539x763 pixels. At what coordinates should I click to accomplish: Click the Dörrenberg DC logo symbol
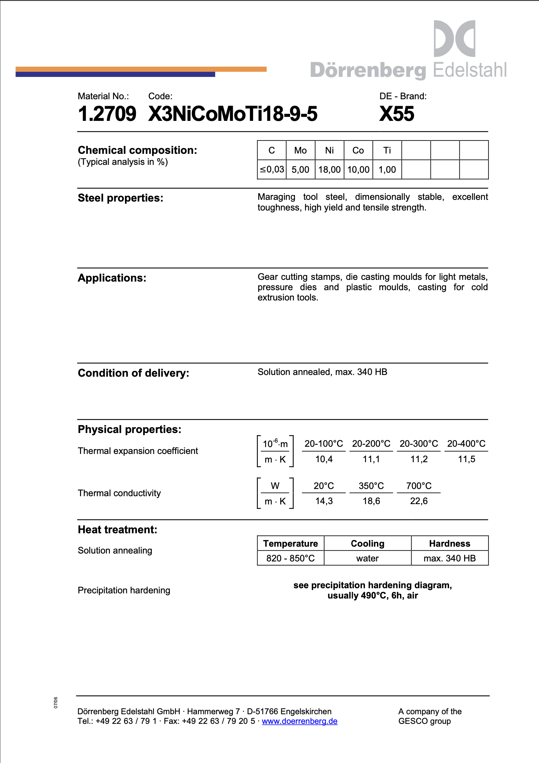click(x=454, y=38)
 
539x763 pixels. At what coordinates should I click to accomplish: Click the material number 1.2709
click(x=107, y=114)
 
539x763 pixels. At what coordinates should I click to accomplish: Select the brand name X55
click(x=397, y=114)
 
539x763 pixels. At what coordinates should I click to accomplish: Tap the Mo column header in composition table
click(x=300, y=150)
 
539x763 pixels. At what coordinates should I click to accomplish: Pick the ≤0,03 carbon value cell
click(x=272, y=169)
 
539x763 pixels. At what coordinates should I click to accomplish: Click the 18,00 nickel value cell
click(x=329, y=170)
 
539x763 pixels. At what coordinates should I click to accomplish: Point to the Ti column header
click(x=387, y=150)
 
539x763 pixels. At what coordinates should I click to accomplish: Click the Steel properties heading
click(x=121, y=198)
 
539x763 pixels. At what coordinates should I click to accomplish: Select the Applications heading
click(x=112, y=278)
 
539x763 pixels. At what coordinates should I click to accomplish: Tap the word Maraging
click(x=276, y=197)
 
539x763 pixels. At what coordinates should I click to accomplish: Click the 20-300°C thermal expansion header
click(x=418, y=444)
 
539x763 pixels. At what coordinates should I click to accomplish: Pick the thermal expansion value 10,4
click(x=324, y=459)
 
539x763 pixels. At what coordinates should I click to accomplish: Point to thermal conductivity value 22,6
click(x=418, y=501)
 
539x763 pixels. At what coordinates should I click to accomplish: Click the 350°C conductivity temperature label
click(x=371, y=486)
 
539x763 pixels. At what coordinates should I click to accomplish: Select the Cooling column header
click(x=367, y=544)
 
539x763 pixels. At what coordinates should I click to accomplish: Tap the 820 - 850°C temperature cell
click(x=290, y=558)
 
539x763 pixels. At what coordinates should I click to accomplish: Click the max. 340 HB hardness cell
click(x=449, y=558)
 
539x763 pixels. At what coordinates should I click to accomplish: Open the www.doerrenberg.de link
click(x=299, y=721)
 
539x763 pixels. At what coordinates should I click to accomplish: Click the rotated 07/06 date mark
click(x=56, y=703)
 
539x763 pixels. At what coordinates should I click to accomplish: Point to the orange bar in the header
click(x=240, y=69)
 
